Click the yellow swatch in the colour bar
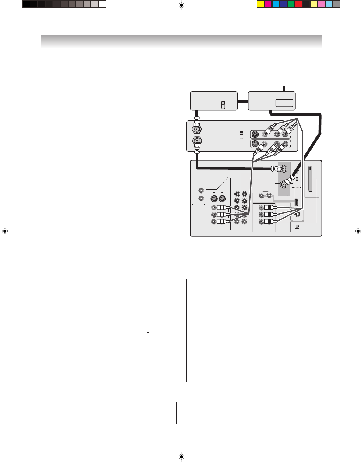(x=260, y=4)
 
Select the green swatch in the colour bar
(x=291, y=4)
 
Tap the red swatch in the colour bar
(x=298, y=4)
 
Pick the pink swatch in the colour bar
(x=321, y=4)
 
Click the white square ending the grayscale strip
(x=102, y=4)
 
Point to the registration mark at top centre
(x=181, y=5)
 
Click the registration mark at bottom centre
(x=181, y=457)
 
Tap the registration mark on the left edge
(x=5, y=231)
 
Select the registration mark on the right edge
(x=358, y=231)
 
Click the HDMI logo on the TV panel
(x=297, y=187)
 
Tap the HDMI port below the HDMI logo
(x=296, y=202)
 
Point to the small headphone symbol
(x=287, y=194)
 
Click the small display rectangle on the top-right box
(x=284, y=103)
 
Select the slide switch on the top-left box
(x=223, y=105)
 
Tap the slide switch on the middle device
(x=241, y=135)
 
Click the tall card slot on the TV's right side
(x=310, y=179)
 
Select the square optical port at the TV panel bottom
(x=297, y=226)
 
